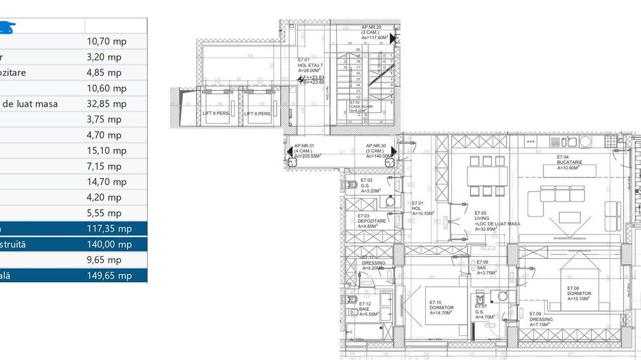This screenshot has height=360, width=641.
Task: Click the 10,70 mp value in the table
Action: click(107, 41)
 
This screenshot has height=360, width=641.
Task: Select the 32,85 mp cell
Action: click(107, 104)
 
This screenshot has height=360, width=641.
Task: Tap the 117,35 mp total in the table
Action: click(109, 229)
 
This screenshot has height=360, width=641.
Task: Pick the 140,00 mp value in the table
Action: click(109, 245)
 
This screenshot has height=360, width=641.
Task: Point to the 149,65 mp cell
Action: click(109, 276)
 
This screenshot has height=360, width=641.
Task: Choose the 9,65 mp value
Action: click(104, 260)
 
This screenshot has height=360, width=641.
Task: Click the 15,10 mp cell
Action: click(107, 150)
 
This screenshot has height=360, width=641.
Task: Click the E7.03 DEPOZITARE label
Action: click(372, 220)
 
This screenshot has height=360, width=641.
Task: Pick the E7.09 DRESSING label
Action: click(541, 318)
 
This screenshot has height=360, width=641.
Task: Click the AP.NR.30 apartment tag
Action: click(380, 151)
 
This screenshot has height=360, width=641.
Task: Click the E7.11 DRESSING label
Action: click(374, 263)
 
